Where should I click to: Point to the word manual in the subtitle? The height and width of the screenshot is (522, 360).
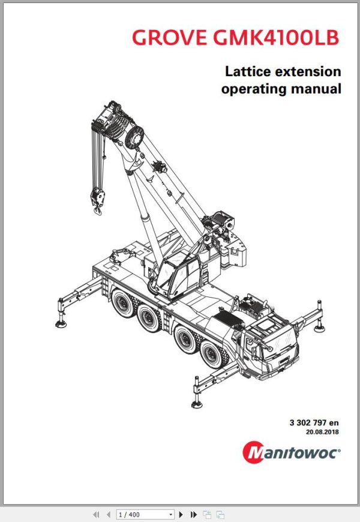click(318, 89)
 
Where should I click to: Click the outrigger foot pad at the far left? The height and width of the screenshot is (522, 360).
click(62, 323)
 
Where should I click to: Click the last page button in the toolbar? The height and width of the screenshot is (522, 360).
click(193, 514)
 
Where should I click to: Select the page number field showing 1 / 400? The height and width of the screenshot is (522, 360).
click(144, 514)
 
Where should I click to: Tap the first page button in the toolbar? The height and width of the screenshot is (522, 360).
click(95, 514)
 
